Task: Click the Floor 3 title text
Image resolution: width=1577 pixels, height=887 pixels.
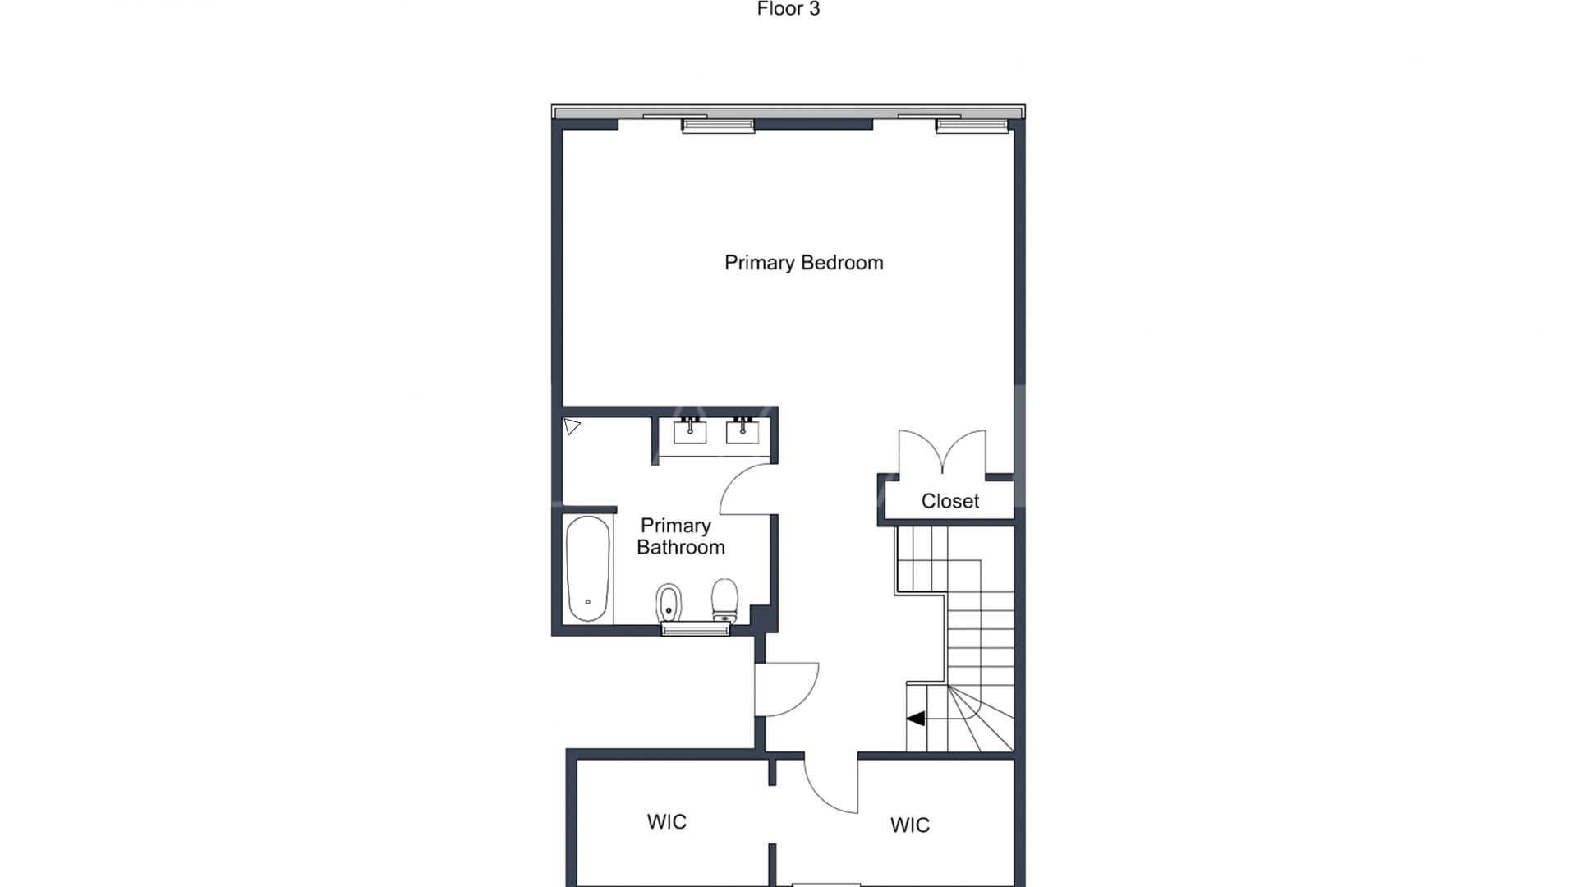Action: pyautogui.click(x=788, y=10)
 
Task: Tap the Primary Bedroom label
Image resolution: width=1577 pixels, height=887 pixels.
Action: pyautogui.click(x=803, y=263)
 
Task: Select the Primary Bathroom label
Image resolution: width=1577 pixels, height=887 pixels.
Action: pyautogui.click(x=679, y=536)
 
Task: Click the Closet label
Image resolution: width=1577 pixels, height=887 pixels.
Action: pyautogui.click(x=949, y=501)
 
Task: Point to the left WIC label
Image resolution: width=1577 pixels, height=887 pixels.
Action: pyautogui.click(x=666, y=822)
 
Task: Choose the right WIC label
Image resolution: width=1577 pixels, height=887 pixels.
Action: pyautogui.click(x=909, y=825)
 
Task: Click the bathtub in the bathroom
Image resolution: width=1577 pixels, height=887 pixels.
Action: pyautogui.click(x=588, y=568)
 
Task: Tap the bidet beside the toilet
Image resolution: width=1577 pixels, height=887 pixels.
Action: pyautogui.click(x=669, y=604)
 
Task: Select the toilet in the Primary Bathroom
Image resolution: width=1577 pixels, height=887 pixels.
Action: pyautogui.click(x=724, y=600)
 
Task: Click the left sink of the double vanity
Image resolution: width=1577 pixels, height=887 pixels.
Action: pyautogui.click(x=690, y=431)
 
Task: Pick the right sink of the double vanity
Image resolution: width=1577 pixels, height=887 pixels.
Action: pyautogui.click(x=743, y=431)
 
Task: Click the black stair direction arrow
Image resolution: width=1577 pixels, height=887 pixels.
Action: pyautogui.click(x=916, y=719)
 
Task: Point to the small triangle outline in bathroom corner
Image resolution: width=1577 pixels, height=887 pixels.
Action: pyautogui.click(x=572, y=426)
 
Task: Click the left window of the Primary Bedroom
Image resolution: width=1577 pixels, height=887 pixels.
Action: pyautogui.click(x=717, y=126)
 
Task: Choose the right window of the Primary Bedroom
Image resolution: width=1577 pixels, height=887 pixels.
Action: pyautogui.click(x=972, y=126)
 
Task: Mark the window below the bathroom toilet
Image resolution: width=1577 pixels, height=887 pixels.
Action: pyautogui.click(x=696, y=629)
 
